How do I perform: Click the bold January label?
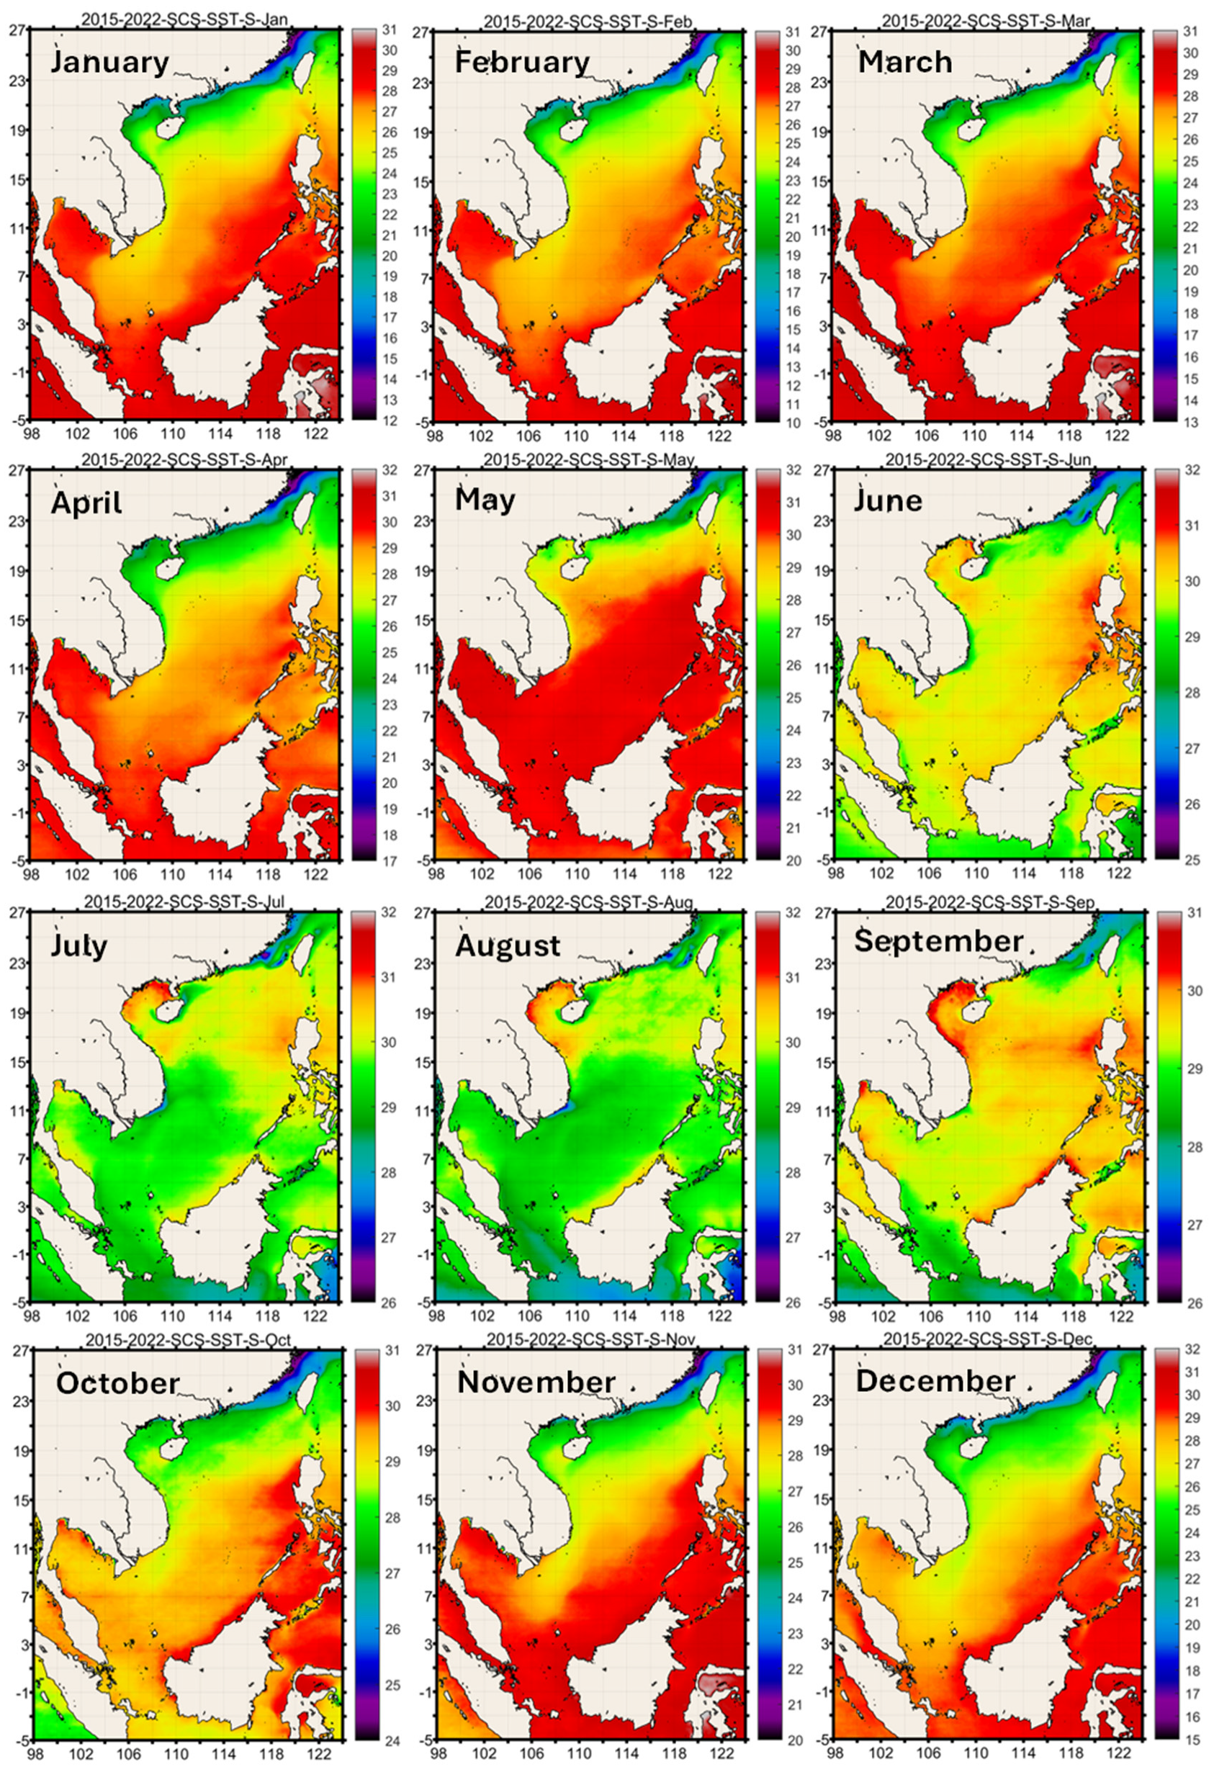(x=110, y=62)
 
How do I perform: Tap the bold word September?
(x=938, y=941)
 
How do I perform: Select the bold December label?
(x=935, y=1381)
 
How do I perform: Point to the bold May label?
(x=485, y=501)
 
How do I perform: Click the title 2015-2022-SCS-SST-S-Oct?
(x=188, y=1340)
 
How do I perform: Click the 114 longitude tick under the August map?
(x=624, y=1316)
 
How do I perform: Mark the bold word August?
(x=508, y=945)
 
